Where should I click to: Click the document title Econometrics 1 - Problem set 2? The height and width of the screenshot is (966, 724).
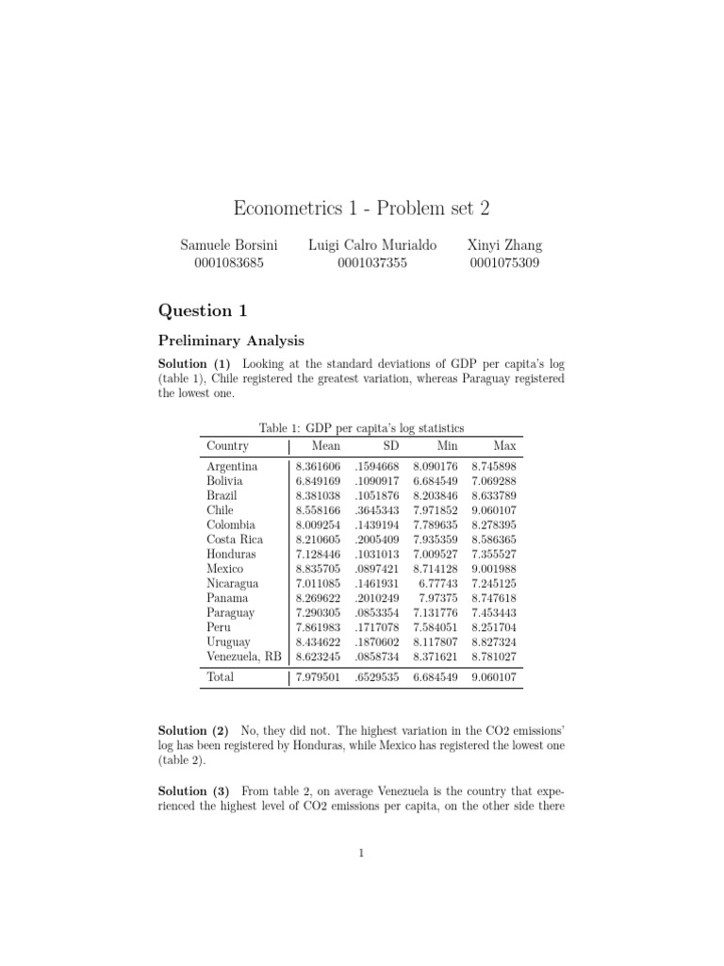coord(361,208)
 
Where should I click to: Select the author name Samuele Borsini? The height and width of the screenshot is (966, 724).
coord(228,245)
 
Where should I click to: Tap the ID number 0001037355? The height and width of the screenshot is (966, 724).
coord(372,263)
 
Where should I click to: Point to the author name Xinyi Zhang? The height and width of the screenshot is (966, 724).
coord(504,245)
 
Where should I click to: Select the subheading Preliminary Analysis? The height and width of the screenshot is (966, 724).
coord(232,341)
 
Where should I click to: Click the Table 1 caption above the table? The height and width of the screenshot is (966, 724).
coord(361,428)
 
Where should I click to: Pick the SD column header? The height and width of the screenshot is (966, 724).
coord(390,446)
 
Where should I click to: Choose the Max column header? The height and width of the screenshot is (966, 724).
coord(504,446)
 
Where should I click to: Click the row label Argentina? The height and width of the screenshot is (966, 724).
coord(231,466)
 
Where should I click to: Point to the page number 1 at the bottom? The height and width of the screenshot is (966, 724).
coord(361,854)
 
